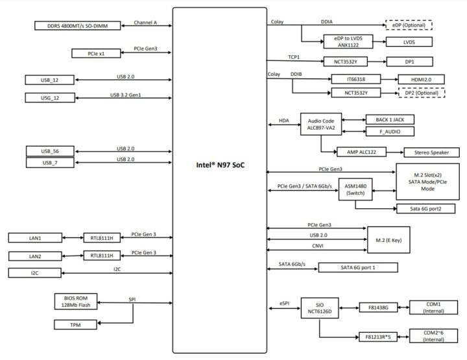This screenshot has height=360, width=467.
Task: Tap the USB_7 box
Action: coord(50,163)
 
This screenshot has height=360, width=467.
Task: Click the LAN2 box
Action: coord(34,256)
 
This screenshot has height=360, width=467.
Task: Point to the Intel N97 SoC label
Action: coord(220,165)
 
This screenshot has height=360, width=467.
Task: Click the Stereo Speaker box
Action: coord(431,152)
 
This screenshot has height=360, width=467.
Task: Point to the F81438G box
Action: coord(378,308)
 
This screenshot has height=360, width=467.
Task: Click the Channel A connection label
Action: coord(147,22)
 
